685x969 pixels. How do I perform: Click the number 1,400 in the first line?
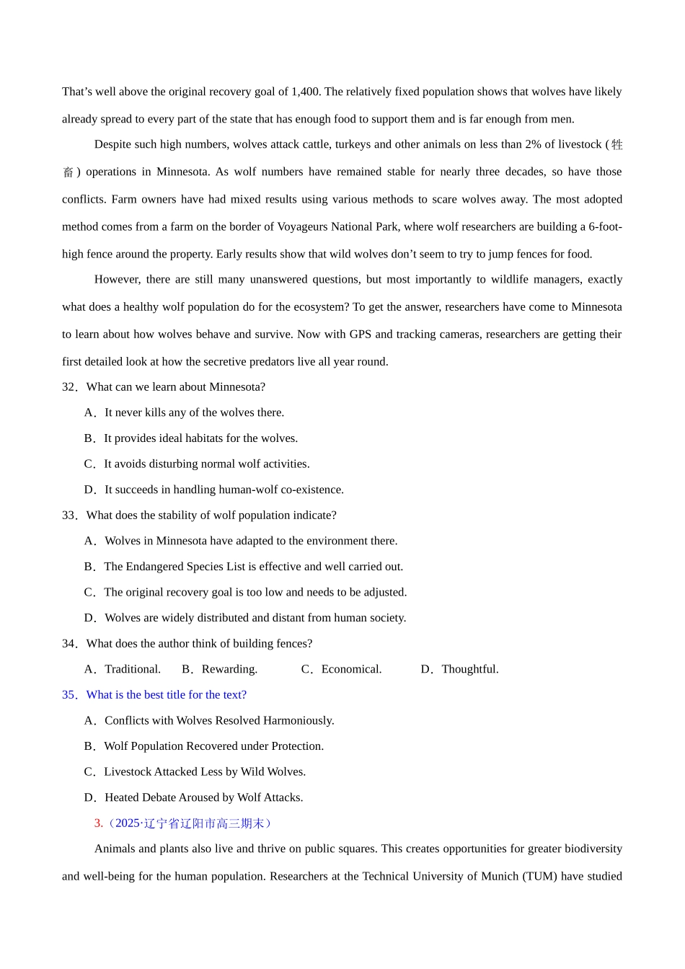(x=306, y=92)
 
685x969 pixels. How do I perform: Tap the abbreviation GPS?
(x=361, y=334)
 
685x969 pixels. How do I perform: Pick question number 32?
(x=69, y=387)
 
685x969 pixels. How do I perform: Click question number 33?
(x=69, y=516)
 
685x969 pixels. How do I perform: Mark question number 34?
(x=69, y=644)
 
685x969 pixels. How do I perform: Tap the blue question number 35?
(x=69, y=695)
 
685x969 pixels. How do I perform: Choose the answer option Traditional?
(x=132, y=669)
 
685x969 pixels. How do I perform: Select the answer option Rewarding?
(x=229, y=669)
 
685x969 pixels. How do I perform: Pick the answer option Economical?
(x=351, y=669)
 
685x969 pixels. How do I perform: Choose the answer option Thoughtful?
(x=469, y=669)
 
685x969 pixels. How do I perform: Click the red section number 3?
(x=98, y=823)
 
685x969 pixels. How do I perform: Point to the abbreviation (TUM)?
(x=539, y=876)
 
